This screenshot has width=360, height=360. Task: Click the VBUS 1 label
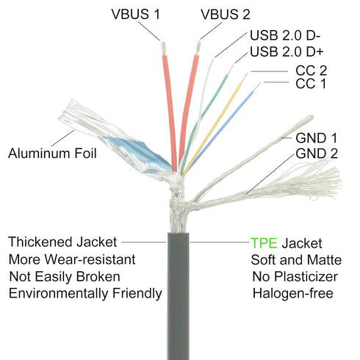click(x=136, y=14)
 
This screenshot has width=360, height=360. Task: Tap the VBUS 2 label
click(x=226, y=14)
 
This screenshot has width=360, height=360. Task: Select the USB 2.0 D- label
click(x=285, y=35)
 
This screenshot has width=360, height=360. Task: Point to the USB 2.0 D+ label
click(x=287, y=51)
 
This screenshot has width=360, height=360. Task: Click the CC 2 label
click(x=311, y=71)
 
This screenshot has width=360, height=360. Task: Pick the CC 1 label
click(x=311, y=84)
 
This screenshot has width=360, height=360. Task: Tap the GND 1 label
click(x=316, y=138)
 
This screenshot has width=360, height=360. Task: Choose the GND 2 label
click(x=317, y=154)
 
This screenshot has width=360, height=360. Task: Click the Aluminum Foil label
click(x=52, y=154)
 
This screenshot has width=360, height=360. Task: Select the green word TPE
click(x=264, y=243)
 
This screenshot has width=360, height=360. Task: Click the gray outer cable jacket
click(x=178, y=296)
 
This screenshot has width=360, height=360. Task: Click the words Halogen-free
click(x=293, y=293)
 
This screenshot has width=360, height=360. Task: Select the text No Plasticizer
click(x=295, y=277)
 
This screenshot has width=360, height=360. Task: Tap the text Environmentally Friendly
click(x=85, y=293)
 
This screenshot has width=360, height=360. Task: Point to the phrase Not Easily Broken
click(x=65, y=277)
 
